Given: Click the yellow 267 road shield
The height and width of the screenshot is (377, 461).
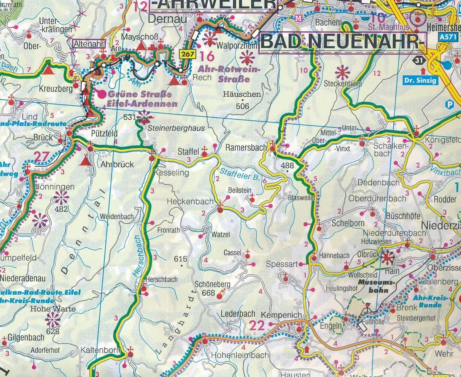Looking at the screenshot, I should click(187, 54).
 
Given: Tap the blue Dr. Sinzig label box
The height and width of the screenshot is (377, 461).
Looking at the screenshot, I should click(420, 81).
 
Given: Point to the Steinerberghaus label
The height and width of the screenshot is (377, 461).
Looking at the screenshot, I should click(176, 128).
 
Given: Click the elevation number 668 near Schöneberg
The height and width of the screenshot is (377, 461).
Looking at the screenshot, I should click(208, 293).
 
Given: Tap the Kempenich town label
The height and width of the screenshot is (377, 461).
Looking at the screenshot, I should click(281, 315).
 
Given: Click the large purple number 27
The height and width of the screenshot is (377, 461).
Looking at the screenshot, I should click(41, 156).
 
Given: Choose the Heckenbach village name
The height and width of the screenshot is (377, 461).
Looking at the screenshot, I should click(190, 202).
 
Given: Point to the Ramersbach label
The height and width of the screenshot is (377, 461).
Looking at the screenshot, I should click(246, 147).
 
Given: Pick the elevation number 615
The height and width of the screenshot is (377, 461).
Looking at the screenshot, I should click(180, 259).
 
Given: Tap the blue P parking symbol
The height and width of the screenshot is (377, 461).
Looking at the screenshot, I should click(450, 105).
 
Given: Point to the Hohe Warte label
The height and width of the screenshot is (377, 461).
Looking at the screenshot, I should click(53, 308).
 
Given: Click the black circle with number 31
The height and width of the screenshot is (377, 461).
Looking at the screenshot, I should click(419, 61).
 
